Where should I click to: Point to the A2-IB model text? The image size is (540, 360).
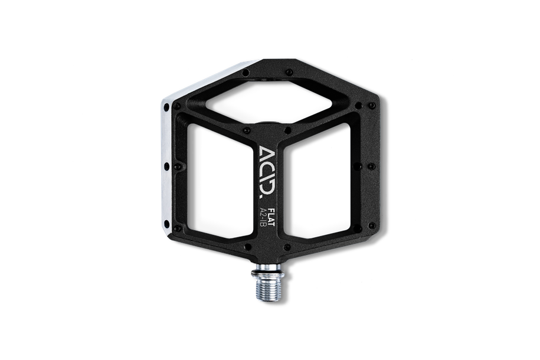[263, 217]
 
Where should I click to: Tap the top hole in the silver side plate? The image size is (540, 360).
[166, 108]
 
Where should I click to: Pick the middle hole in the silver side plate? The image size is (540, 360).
[166, 166]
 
